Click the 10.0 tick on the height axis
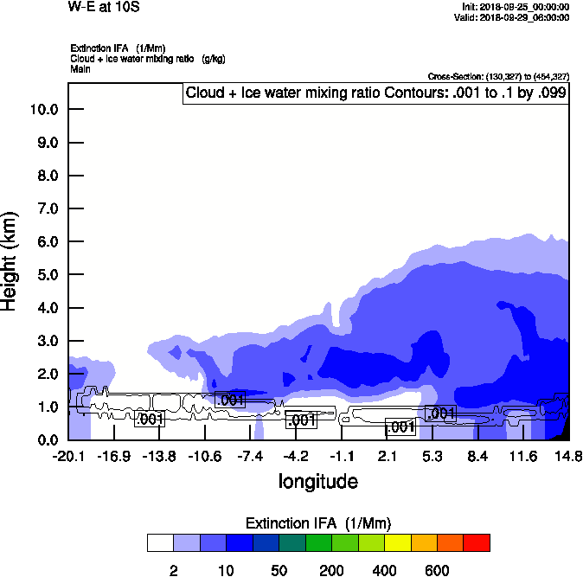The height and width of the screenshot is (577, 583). tap(43, 109)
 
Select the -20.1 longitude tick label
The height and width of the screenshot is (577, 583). tap(67, 456)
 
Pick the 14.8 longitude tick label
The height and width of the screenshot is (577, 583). tap(568, 456)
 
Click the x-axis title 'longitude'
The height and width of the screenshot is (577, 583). tap(317, 481)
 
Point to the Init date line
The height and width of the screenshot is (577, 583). tap(516, 7)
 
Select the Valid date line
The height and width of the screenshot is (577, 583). tap(516, 16)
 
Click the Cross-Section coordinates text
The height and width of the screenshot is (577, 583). tap(498, 77)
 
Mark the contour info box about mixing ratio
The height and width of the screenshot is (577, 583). tap(376, 93)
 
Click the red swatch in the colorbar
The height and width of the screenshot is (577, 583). tap(476, 542)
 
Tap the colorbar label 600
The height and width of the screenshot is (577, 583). tap(437, 570)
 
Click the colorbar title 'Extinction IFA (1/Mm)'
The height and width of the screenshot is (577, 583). tap(318, 523)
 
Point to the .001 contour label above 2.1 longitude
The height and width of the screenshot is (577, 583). tap(400, 427)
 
